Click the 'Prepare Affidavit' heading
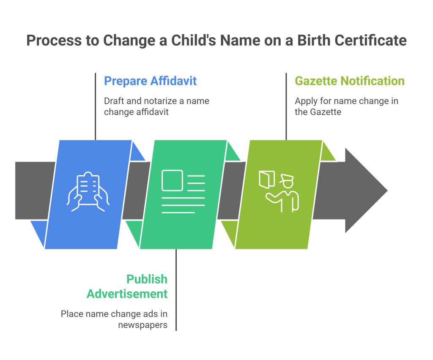[x=150, y=81]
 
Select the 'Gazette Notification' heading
[x=350, y=81]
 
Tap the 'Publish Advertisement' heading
[x=127, y=286]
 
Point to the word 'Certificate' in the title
[x=370, y=40]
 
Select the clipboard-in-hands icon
[x=88, y=192]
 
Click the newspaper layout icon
[x=184, y=192]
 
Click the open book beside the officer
[x=267, y=180]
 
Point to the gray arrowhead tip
[x=387, y=190]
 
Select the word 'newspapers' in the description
[x=143, y=325]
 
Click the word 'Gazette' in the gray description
[x=326, y=112]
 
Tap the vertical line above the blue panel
[x=95, y=106]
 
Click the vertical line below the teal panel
[x=176, y=290]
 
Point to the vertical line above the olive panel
[x=286, y=106]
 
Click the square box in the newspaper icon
[x=173, y=180]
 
